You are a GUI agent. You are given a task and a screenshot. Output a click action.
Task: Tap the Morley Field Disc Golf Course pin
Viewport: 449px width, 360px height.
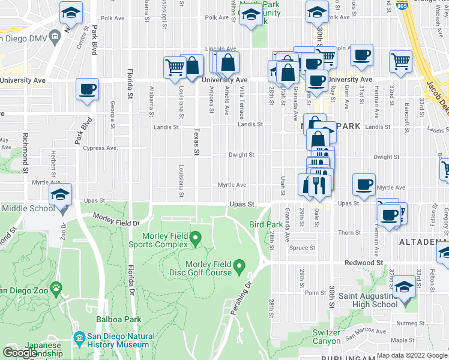coord(239,265)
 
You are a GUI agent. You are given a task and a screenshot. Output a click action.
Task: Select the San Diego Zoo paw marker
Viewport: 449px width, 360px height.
coord(56,288)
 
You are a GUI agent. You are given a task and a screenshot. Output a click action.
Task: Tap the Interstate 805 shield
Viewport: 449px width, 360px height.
coord(402,5)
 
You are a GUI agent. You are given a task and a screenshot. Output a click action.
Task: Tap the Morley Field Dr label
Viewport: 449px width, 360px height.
coord(115,219)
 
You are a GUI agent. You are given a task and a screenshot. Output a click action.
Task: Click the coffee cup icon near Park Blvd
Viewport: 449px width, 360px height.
coord(87,89)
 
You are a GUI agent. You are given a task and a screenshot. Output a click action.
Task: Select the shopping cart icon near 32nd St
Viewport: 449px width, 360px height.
coord(400,61)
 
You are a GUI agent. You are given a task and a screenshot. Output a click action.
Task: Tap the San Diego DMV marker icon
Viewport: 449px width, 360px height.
coord(55,35)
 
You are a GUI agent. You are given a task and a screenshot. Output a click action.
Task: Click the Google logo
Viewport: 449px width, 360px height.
coord(20,353)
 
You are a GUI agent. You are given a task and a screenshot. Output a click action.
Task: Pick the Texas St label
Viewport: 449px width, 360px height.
coord(196,141)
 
